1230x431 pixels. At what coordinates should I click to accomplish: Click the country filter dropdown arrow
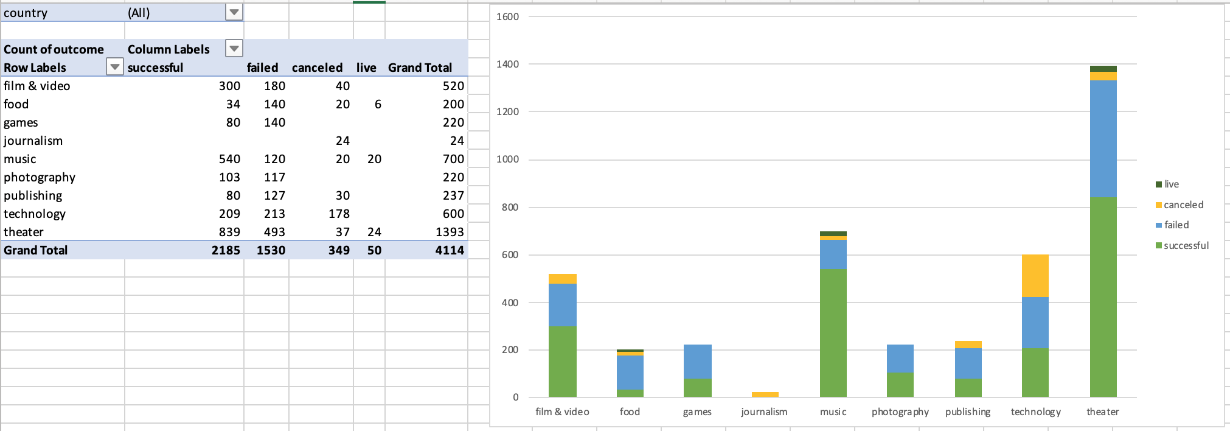[234, 13]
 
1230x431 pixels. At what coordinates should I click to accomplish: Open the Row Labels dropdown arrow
[114, 68]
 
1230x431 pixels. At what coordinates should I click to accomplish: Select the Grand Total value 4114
[450, 250]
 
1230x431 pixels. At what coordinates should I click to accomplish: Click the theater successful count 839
[229, 232]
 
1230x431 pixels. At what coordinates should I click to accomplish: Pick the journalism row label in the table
[33, 141]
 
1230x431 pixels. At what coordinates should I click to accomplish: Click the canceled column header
[317, 68]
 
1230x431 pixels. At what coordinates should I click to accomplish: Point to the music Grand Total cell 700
[453, 159]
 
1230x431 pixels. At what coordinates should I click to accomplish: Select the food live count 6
[378, 104]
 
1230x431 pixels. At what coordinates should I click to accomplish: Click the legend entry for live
[1170, 184]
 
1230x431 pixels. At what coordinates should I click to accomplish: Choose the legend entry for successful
[1185, 245]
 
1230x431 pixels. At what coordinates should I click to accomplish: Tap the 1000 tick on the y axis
[507, 159]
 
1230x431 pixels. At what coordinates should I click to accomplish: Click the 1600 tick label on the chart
[507, 16]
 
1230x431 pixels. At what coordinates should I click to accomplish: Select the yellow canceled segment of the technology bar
[1035, 276]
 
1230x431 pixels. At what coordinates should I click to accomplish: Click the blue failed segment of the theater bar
[1103, 139]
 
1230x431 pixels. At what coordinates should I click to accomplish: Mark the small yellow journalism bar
[765, 394]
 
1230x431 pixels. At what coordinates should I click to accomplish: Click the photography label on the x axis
[900, 412]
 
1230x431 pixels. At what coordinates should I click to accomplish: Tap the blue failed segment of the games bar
[697, 362]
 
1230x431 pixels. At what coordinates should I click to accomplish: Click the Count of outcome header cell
[54, 49]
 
